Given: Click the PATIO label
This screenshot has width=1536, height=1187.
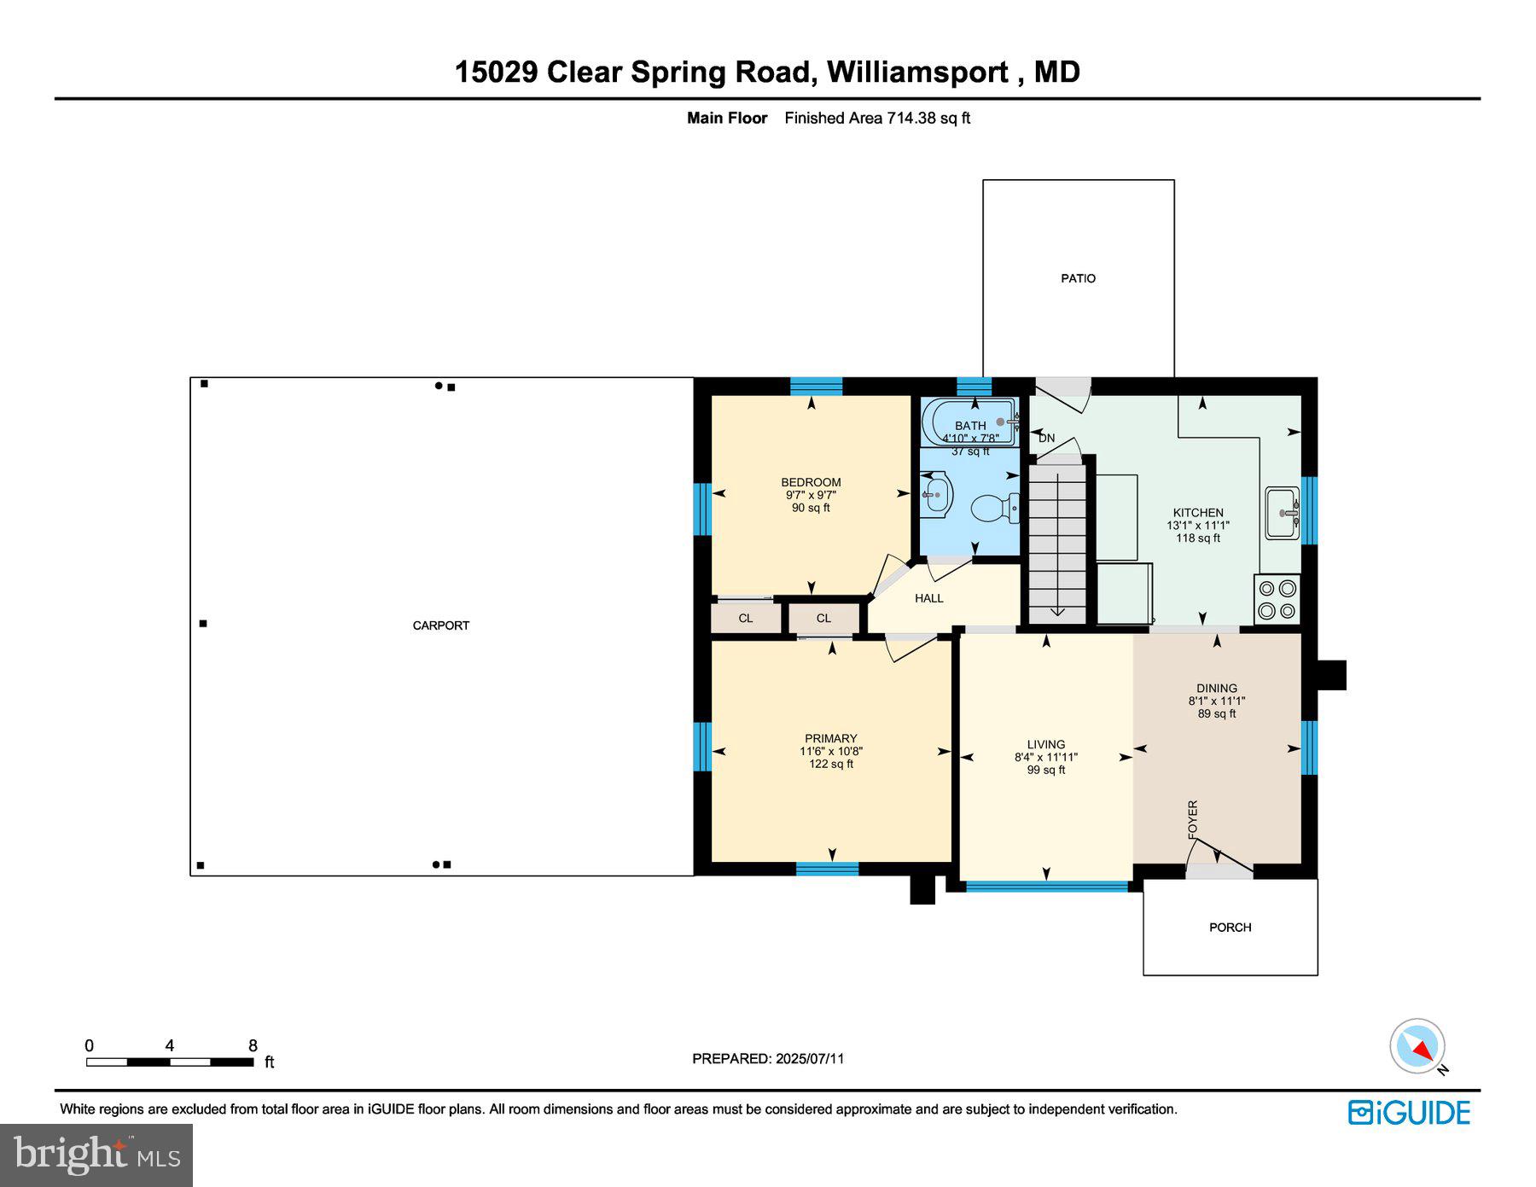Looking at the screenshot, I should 1078,278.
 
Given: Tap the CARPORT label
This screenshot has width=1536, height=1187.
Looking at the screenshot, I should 440,626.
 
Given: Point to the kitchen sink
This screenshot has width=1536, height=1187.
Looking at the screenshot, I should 1282,513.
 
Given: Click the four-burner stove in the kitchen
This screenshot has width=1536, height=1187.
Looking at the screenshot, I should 1277,599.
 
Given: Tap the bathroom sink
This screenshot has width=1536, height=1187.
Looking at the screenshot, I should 937,494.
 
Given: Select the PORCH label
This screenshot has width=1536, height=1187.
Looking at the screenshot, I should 1230,928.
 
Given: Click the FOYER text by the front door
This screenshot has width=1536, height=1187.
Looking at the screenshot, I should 1193,819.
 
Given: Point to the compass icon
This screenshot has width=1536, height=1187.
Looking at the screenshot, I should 1417,1046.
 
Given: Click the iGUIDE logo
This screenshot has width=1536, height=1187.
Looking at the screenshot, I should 1409,1113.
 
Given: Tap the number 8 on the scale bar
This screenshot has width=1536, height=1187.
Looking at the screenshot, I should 253,1046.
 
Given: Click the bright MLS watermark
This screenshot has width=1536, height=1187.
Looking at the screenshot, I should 96,1155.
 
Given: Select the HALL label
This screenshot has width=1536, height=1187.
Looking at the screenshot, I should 928,598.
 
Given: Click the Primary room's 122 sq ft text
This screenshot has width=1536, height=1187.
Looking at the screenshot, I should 831,765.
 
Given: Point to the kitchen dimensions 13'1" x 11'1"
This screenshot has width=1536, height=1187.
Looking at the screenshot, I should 1198,526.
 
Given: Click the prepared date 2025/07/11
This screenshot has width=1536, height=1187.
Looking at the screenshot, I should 810,1059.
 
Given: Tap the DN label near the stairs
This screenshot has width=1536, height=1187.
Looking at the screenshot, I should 1046,438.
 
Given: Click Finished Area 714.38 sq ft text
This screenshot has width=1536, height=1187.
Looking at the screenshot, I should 877,119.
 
